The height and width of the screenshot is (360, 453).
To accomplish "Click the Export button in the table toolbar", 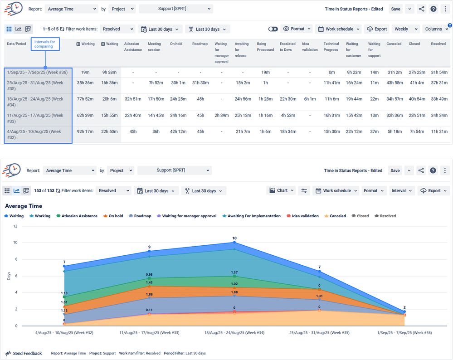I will coord(377,29).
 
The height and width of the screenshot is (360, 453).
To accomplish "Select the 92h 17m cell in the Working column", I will coord(85,131).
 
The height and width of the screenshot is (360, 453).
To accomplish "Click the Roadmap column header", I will coord(200,44).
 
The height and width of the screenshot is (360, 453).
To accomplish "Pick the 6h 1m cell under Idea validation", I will coord(310,99).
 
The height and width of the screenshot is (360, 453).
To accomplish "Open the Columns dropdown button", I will coord(437,29).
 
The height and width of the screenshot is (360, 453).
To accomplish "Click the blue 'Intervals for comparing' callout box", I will coord(45,44).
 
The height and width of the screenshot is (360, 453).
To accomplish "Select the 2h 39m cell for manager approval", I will coord(221,115).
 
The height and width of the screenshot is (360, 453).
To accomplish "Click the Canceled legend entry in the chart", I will coord(336,216).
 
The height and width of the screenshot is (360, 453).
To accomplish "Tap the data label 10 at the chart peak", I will coord(234,238).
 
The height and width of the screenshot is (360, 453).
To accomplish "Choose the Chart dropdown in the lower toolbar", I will coord(282,190).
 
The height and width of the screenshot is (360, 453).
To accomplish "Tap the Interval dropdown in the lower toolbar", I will coord(401,190).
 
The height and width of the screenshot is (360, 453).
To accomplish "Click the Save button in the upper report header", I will coord(395,9).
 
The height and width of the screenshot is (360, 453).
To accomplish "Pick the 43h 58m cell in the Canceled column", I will coord(394,83).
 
